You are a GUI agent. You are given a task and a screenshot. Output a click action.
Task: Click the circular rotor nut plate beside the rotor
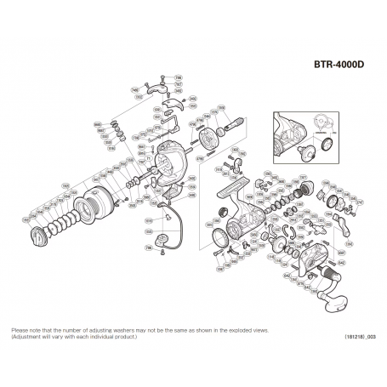(204, 136)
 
